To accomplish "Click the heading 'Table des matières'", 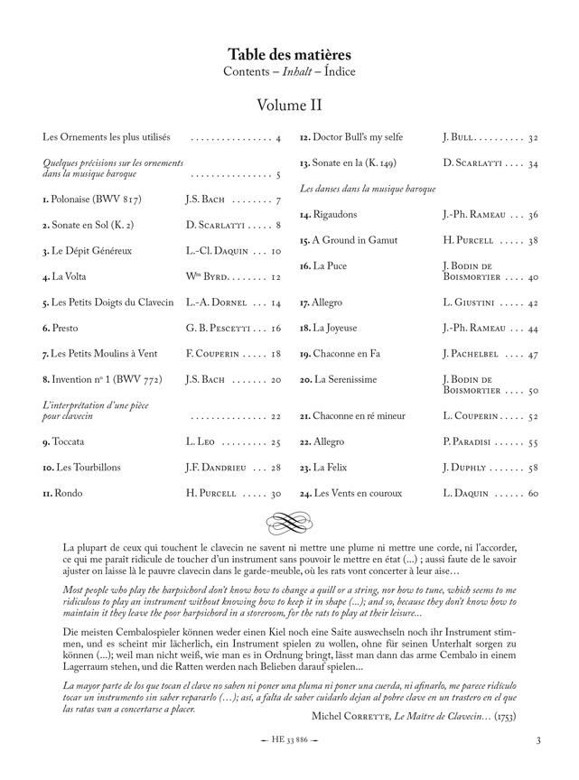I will pos(289,55).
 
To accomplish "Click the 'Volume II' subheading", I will pos(289,106).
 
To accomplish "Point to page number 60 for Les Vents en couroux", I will pos(533,494).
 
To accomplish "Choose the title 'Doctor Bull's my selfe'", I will pos(358,137).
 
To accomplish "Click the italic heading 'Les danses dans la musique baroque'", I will pos(367,189).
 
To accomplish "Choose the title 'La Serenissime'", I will pos(346,380).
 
